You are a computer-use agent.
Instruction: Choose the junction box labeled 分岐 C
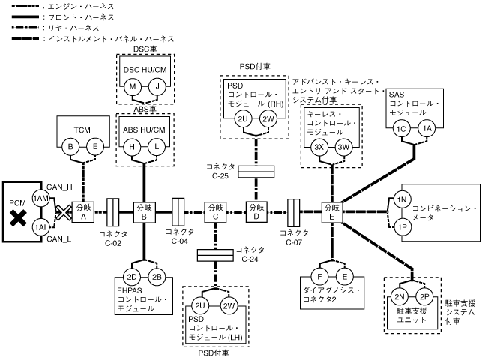[x=216, y=211]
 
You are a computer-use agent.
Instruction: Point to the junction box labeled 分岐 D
[x=256, y=211]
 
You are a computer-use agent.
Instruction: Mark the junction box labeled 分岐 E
[x=331, y=211]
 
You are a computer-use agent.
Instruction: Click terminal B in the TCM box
[x=70, y=148]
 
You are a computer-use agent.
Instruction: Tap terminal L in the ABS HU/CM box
[x=155, y=148]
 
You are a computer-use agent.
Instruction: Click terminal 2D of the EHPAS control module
[x=133, y=276]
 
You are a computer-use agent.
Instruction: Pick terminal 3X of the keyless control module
[x=319, y=148]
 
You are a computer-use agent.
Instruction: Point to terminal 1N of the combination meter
[x=401, y=200]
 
